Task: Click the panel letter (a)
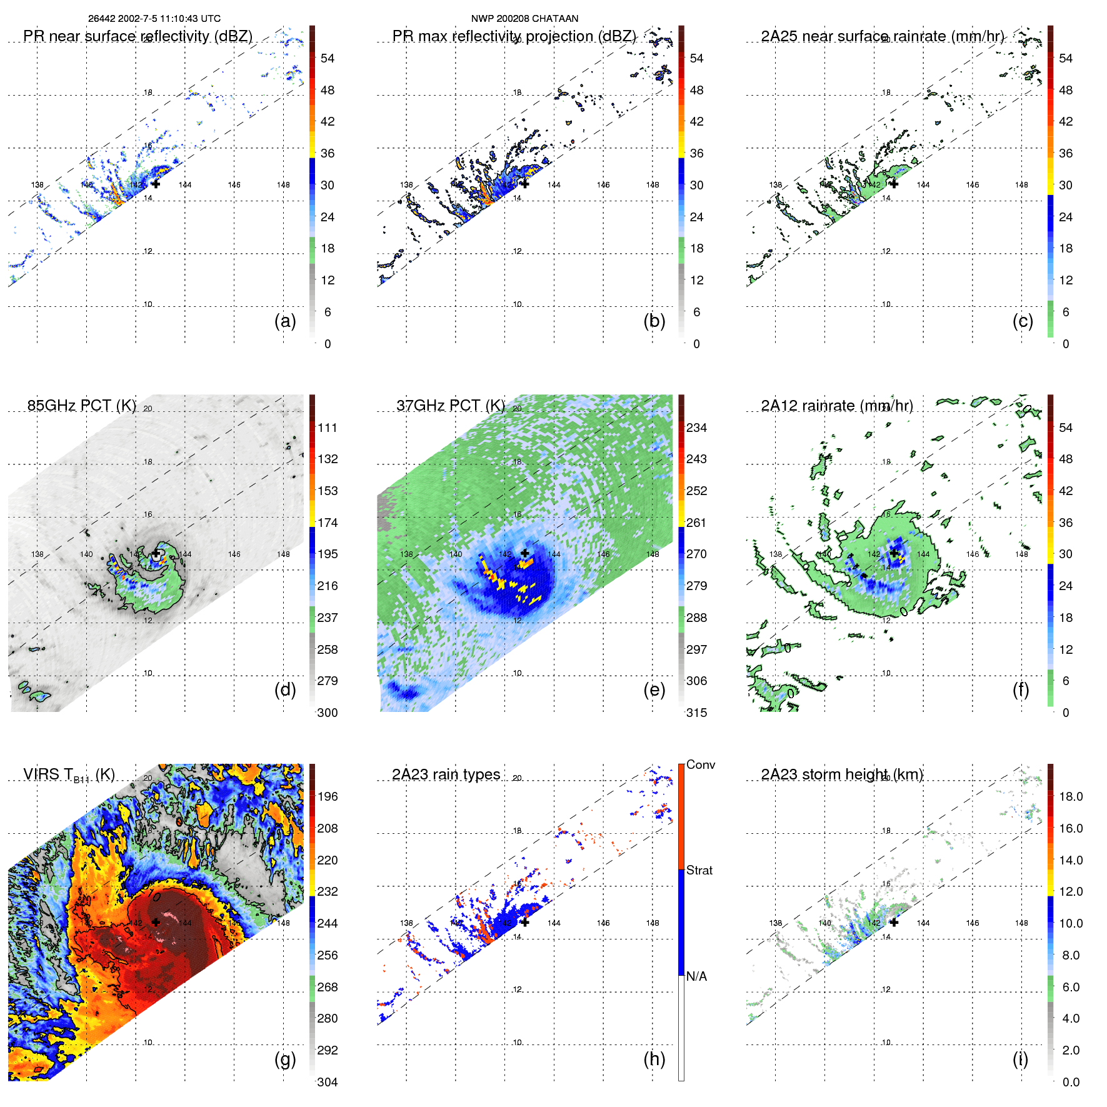[x=285, y=321]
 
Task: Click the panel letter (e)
[x=654, y=690]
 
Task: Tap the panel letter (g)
[x=285, y=1059]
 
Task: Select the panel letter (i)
[x=1020, y=1059]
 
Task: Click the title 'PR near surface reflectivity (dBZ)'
[x=138, y=36]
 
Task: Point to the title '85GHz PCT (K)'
[x=82, y=406]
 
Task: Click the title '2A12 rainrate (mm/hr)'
[x=837, y=406]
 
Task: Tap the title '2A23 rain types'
[x=446, y=774]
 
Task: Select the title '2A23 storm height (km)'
[x=842, y=774]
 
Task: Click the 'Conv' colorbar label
[x=701, y=764]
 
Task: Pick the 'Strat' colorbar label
[x=699, y=870]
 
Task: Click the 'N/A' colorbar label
[x=696, y=976]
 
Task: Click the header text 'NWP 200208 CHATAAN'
[x=524, y=19]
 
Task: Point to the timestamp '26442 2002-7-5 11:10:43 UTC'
[x=154, y=19]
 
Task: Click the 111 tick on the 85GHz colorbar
[x=328, y=428]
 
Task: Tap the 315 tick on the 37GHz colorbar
[x=696, y=713]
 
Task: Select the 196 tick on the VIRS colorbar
[x=328, y=796]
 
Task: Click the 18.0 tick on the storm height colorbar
[x=1071, y=796]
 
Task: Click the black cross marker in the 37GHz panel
[x=525, y=553]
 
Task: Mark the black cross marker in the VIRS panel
[x=156, y=922]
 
